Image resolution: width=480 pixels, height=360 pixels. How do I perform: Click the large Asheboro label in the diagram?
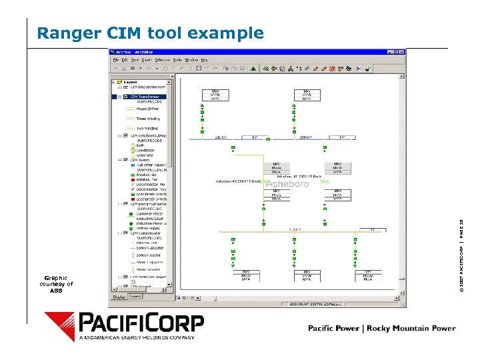287,183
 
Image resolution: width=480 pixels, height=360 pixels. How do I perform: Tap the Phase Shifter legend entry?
147,109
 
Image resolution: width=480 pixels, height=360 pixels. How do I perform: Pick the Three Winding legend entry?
148,119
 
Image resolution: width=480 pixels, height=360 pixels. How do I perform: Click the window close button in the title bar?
401,51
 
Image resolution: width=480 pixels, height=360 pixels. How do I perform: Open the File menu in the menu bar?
117,59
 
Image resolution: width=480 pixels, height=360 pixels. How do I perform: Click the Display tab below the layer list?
118,296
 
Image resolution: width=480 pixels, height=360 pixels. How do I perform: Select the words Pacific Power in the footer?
333,328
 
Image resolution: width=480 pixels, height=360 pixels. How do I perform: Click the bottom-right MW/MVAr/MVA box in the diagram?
369,276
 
